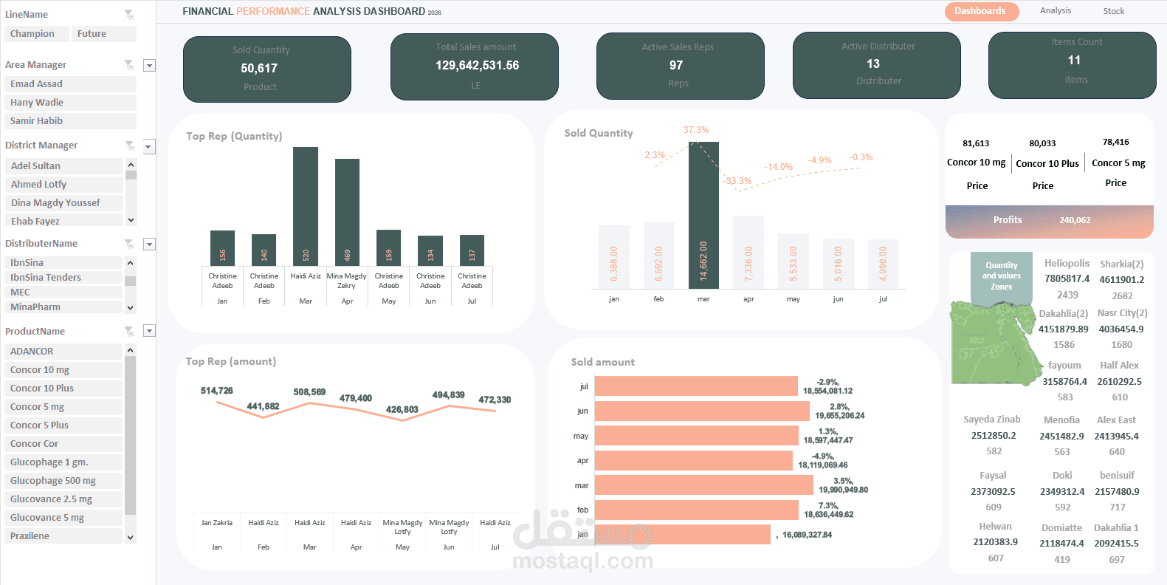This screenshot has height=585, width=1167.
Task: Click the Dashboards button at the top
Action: (x=980, y=11)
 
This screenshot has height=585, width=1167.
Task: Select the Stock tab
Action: (x=1113, y=11)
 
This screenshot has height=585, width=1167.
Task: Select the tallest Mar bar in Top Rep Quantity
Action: (x=306, y=205)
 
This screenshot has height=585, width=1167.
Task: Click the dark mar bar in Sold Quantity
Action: (x=703, y=214)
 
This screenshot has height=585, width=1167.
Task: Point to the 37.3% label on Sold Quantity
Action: (x=695, y=130)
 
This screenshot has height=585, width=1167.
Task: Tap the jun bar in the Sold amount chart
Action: (x=701, y=411)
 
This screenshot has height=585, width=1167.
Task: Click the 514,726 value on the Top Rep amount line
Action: (x=216, y=391)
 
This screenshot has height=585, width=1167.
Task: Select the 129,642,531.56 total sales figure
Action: (x=477, y=66)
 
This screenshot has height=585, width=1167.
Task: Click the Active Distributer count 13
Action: (x=873, y=64)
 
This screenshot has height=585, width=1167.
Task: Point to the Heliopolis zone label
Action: (x=1067, y=264)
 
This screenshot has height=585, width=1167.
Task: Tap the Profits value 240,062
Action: (x=1075, y=220)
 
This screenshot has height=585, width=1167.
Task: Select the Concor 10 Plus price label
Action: (x=1047, y=164)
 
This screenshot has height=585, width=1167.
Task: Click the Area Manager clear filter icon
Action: (x=129, y=65)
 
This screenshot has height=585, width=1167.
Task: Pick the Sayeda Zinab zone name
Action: (x=991, y=420)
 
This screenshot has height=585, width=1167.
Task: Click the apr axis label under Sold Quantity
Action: (x=748, y=299)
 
